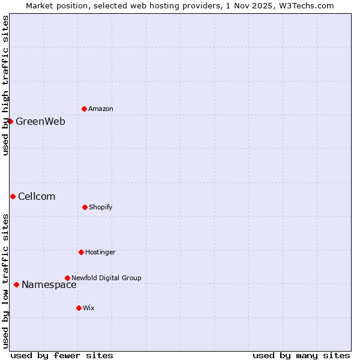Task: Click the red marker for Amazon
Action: click(84, 109)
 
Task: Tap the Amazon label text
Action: click(101, 109)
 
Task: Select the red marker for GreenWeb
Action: click(10, 121)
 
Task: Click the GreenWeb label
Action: click(40, 121)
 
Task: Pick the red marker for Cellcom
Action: click(13, 196)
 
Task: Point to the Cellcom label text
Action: click(37, 196)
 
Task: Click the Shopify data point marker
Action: click(85, 207)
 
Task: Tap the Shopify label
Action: click(101, 207)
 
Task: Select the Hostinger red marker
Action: click(81, 252)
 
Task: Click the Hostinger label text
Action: click(100, 252)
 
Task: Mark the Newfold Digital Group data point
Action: click(67, 278)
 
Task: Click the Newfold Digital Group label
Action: click(106, 278)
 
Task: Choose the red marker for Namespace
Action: click(16, 284)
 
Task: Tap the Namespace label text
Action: click(49, 285)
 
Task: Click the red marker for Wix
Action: click(79, 308)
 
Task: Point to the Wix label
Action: click(89, 308)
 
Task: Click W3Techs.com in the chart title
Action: click(305, 5)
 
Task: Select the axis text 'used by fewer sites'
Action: click(62, 355)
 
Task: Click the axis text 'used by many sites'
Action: click(301, 355)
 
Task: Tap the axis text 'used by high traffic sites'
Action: click(5, 85)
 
